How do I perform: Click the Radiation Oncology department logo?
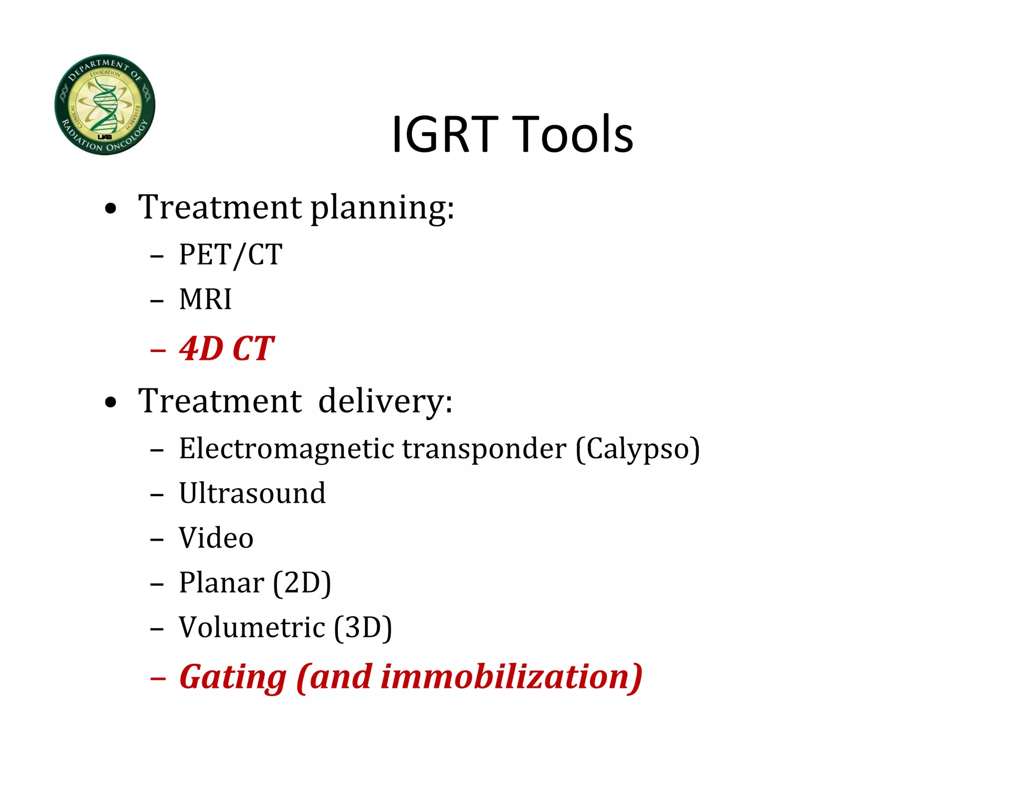coord(105,105)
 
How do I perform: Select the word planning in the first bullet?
coord(382,208)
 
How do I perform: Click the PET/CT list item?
coord(231,255)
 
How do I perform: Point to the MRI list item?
coord(205,299)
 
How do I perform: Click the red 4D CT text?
coord(227,348)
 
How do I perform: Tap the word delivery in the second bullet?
coord(385,401)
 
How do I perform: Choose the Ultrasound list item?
coord(252,493)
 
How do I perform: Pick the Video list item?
coord(216,538)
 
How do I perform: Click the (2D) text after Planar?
coord(302,583)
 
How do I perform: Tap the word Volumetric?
coord(252,627)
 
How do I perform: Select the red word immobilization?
coord(505,677)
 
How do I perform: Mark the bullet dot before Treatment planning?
coord(111,209)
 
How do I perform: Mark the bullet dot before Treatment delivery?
coord(111,403)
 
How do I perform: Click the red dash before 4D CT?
coord(158,350)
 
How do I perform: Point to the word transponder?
coord(484,449)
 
